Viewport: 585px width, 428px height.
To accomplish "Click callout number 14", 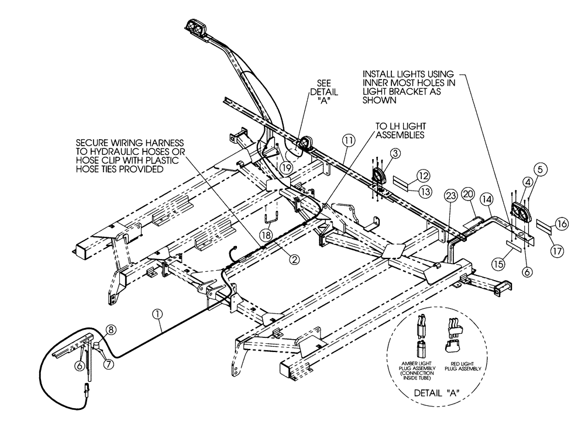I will (487, 198).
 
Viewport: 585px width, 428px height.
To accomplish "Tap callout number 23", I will (450, 195).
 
